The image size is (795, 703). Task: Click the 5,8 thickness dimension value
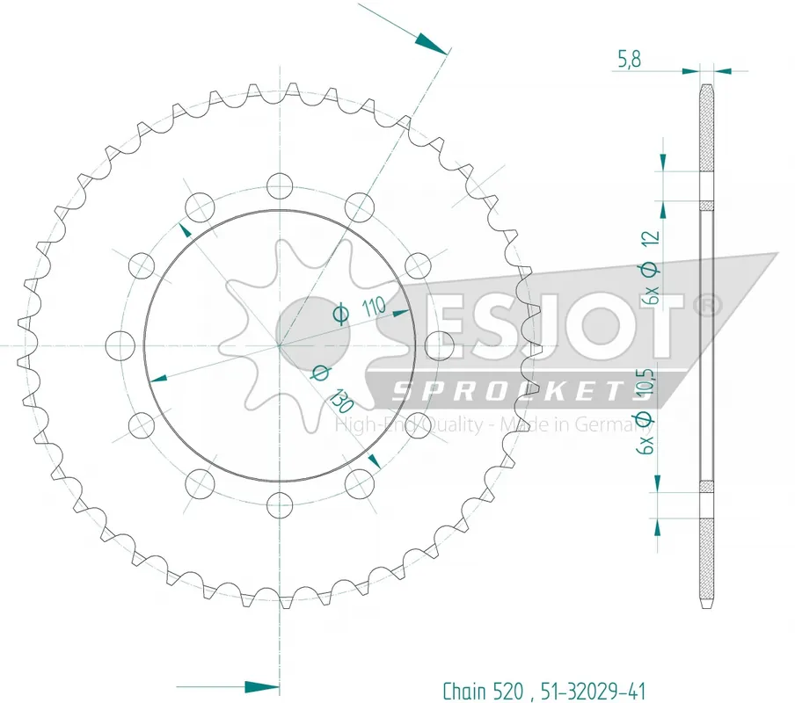click(x=629, y=59)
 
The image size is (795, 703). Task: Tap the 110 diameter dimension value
click(x=374, y=307)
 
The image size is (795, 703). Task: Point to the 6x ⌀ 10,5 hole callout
click(x=645, y=410)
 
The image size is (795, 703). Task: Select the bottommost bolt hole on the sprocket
click(x=280, y=504)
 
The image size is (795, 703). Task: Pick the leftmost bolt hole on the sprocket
click(x=120, y=345)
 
